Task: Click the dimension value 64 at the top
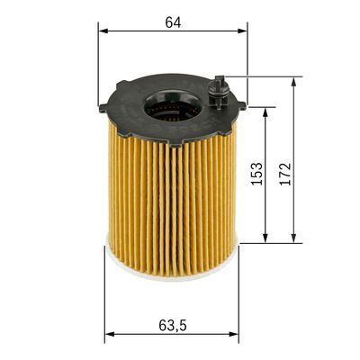click(172, 22)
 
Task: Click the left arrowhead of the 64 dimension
click(102, 31)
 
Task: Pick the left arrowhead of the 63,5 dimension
click(109, 335)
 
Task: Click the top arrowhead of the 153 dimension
click(265, 112)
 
